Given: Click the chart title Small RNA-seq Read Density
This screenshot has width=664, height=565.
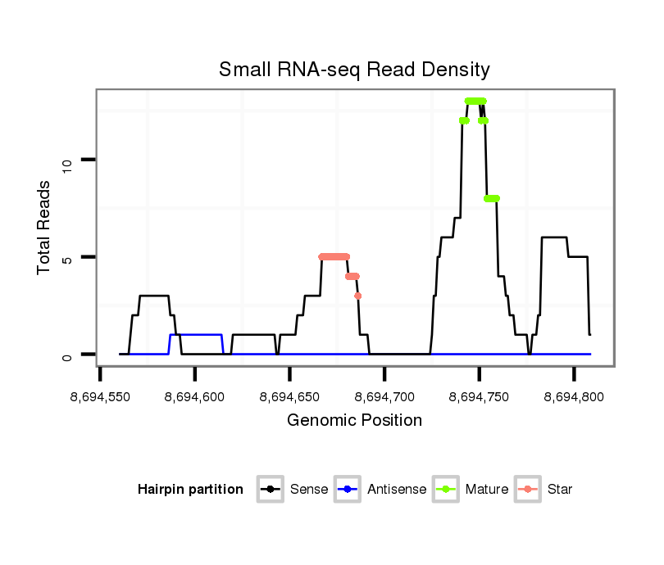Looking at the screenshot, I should point(354,70).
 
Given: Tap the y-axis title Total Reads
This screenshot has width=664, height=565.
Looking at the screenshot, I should point(45,227).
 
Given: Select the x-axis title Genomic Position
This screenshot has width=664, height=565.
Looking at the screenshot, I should point(354,421).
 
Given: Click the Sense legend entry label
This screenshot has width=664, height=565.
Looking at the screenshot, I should point(309,490).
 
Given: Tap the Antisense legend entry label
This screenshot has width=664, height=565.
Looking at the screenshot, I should point(397,490).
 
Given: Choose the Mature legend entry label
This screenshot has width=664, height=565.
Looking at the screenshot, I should point(487,490).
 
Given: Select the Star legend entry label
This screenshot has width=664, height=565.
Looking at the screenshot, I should point(560,490).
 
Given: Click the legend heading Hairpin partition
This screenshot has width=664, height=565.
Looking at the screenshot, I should point(190,490).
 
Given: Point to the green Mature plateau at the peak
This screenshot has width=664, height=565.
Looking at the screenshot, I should point(475,101).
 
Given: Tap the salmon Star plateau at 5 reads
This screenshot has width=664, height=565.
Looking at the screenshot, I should point(334,256).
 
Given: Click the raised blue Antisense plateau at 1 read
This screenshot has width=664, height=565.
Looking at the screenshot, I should point(196,335).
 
